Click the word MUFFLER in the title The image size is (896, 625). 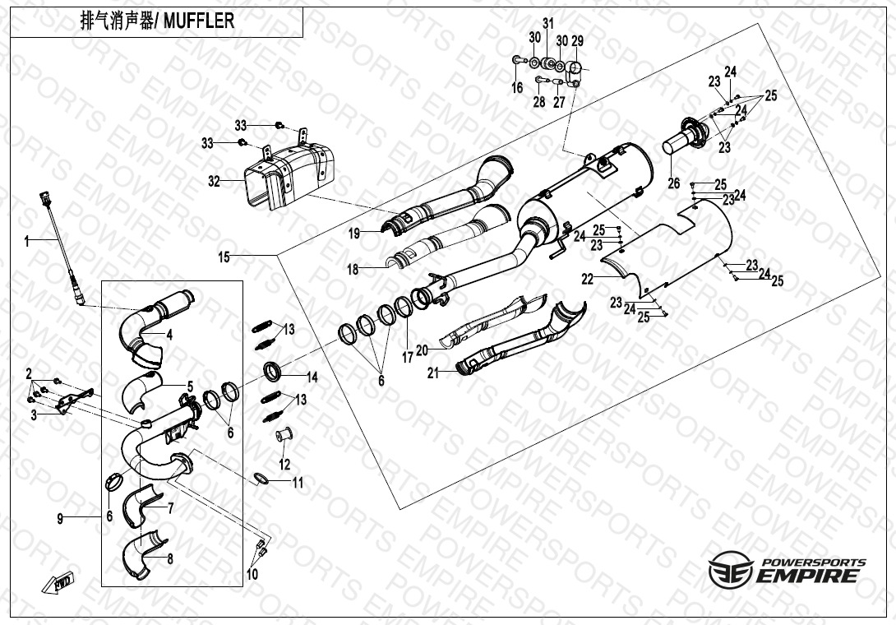click(x=199, y=21)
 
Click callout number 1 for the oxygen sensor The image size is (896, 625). click(x=26, y=242)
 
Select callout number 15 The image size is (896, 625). click(x=224, y=257)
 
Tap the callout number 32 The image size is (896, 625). click(x=214, y=182)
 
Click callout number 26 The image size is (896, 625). click(x=674, y=183)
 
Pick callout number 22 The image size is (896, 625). click(x=588, y=279)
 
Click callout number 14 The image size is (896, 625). click(x=312, y=377)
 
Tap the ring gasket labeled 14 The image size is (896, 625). click(x=273, y=371)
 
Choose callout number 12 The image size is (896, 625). click(x=284, y=465)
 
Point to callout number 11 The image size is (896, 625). click(x=298, y=484)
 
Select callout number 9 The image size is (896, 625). click(x=60, y=519)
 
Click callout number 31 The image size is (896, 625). click(x=548, y=24)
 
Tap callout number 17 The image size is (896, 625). click(x=407, y=358)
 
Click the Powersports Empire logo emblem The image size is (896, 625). click(x=731, y=569)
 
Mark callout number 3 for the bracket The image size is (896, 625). click(x=34, y=415)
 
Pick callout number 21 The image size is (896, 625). click(x=433, y=373)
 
